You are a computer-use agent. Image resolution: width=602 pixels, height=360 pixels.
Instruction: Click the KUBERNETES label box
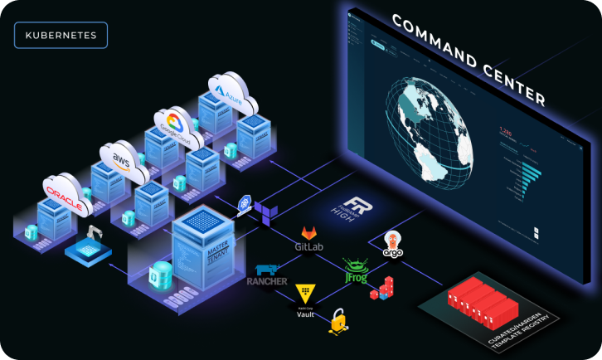point(61,36)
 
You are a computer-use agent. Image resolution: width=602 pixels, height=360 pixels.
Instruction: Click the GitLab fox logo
point(308,233)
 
